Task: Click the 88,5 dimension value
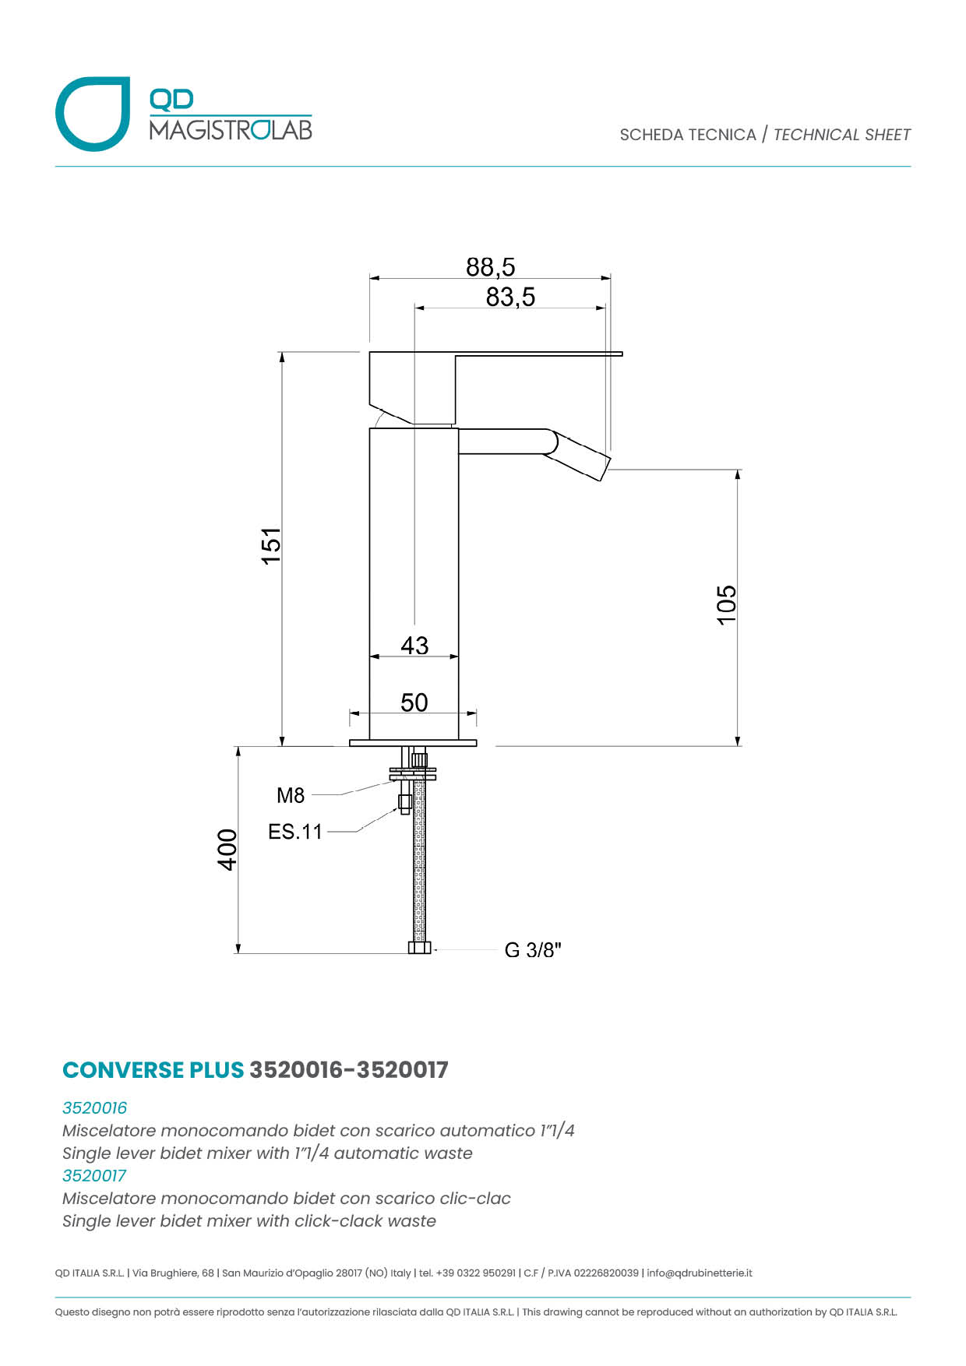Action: pyautogui.click(x=491, y=267)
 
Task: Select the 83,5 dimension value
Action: pyautogui.click(x=510, y=297)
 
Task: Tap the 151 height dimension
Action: pyautogui.click(x=270, y=546)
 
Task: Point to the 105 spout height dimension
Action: pyautogui.click(x=726, y=604)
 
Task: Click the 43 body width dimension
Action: pyautogui.click(x=414, y=645)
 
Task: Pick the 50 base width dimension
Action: pyautogui.click(x=414, y=702)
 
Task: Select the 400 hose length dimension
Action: pyautogui.click(x=227, y=850)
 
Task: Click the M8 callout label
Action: pyautogui.click(x=291, y=795)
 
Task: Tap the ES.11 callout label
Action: pyautogui.click(x=294, y=832)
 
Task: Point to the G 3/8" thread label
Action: pyautogui.click(x=533, y=950)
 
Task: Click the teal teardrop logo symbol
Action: pyautogui.click(x=93, y=114)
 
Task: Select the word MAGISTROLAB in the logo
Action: pyautogui.click(x=231, y=129)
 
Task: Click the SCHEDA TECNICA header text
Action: pyautogui.click(x=688, y=135)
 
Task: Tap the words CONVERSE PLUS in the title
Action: pyautogui.click(x=153, y=1070)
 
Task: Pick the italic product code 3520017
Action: pyautogui.click(x=94, y=1175)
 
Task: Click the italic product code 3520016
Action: pyautogui.click(x=94, y=1107)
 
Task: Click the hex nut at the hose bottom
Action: pyautogui.click(x=419, y=948)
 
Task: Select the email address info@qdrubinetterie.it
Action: pyautogui.click(x=700, y=1273)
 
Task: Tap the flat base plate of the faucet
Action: pyautogui.click(x=413, y=743)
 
